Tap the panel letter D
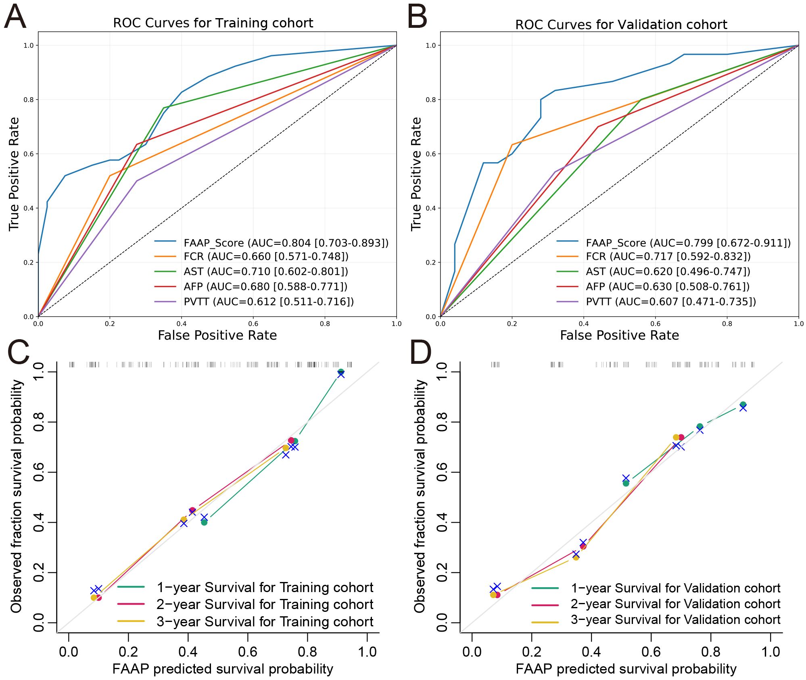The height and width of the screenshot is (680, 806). tap(420, 352)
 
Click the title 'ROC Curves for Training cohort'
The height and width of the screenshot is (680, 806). tap(213, 23)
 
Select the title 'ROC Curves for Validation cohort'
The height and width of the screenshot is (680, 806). tap(621, 25)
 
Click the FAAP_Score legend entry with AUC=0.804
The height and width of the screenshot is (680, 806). tap(286, 243)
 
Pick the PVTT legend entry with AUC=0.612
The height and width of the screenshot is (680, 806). tap(268, 302)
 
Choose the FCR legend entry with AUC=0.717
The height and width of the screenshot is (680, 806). tap(668, 257)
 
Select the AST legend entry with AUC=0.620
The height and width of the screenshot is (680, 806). tap(668, 271)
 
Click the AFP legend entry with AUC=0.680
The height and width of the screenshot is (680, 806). tap(265, 287)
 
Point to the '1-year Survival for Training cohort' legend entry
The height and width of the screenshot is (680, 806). tap(265, 588)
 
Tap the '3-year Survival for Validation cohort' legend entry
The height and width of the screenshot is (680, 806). tap(675, 620)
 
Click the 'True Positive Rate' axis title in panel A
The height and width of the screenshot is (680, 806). tap(14, 174)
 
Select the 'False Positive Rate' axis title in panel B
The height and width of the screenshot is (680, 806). tap(619, 336)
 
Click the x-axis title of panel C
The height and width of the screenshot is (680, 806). tap(223, 669)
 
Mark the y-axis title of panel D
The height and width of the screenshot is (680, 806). tap(420, 496)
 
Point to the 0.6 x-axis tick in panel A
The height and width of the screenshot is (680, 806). tap(253, 324)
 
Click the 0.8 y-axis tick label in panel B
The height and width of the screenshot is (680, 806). tap(430, 100)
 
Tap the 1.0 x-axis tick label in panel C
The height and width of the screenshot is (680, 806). tap(367, 651)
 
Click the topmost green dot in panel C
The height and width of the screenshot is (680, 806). tap(341, 372)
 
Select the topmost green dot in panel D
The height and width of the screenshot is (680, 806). tap(743, 405)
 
